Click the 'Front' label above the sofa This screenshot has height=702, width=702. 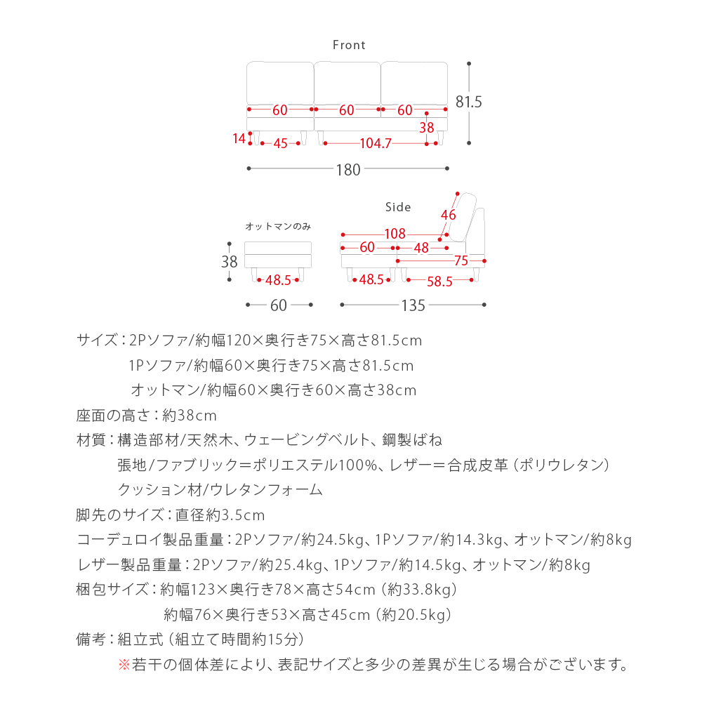(x=349, y=45)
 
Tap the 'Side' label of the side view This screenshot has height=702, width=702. (x=398, y=207)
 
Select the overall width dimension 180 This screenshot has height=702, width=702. (x=348, y=169)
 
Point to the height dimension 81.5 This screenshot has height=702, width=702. (x=469, y=102)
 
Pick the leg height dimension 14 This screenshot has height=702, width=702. (x=239, y=138)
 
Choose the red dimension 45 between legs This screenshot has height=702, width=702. (x=280, y=144)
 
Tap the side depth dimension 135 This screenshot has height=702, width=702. (x=413, y=305)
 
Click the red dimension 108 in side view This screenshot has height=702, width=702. (x=395, y=234)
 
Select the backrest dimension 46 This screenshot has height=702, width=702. (x=449, y=215)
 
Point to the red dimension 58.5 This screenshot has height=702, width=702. (x=439, y=281)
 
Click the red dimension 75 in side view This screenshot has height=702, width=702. (x=461, y=261)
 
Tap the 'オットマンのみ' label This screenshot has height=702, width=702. (x=278, y=226)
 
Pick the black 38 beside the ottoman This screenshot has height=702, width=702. (x=229, y=262)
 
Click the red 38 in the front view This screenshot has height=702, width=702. (x=427, y=128)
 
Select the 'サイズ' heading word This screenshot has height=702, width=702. (x=96, y=341)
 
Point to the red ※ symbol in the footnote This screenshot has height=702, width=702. (x=124, y=663)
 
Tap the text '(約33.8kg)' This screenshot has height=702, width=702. (x=420, y=589)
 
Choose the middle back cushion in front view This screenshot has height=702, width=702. (x=347, y=84)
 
